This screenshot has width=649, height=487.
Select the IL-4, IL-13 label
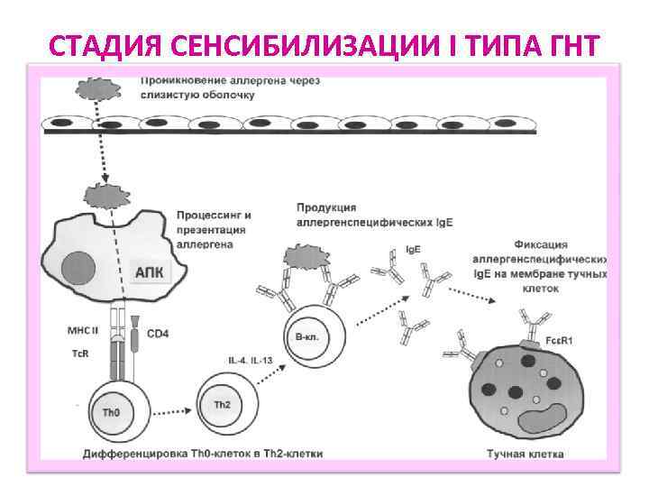[x=250, y=359]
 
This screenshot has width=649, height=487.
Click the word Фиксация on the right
[x=539, y=243]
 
